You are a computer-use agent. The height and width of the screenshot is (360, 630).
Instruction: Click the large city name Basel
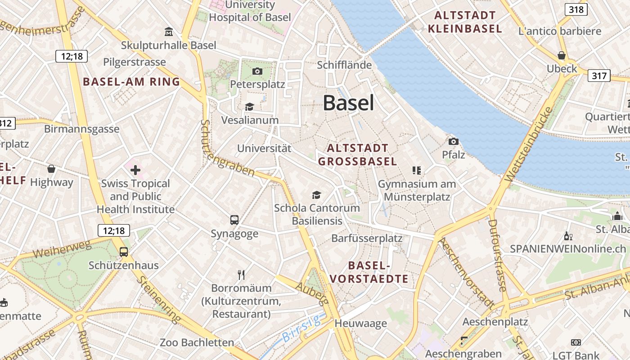point(348,103)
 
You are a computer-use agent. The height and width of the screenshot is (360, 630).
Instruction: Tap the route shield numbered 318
point(576,9)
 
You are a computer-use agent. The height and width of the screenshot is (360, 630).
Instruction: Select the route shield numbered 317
point(599,76)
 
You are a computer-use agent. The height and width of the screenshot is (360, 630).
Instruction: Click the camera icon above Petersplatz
point(257,71)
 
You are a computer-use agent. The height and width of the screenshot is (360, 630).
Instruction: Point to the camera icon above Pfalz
point(453,142)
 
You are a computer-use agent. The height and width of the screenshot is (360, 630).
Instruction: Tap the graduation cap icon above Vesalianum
point(249,107)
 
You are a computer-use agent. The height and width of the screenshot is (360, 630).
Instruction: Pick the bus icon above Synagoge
point(234,220)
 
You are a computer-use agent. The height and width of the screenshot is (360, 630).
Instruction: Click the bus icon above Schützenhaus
point(124,252)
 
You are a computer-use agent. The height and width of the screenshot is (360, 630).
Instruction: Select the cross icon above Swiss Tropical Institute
point(135,170)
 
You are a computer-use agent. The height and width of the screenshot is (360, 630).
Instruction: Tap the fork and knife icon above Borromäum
point(241,274)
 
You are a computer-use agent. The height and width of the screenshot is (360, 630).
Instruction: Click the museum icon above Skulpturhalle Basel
point(169,31)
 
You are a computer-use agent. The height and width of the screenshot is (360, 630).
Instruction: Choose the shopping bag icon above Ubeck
point(562,55)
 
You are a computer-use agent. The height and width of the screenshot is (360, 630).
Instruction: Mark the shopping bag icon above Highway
point(51,169)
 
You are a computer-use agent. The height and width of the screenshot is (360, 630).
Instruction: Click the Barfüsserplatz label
point(367,238)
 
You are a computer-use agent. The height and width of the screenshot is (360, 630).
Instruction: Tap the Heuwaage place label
point(360,323)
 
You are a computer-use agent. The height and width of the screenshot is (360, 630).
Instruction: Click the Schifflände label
point(344,65)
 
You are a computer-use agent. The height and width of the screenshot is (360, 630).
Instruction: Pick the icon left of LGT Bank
point(576,342)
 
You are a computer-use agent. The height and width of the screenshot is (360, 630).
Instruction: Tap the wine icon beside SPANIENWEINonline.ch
point(568,236)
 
